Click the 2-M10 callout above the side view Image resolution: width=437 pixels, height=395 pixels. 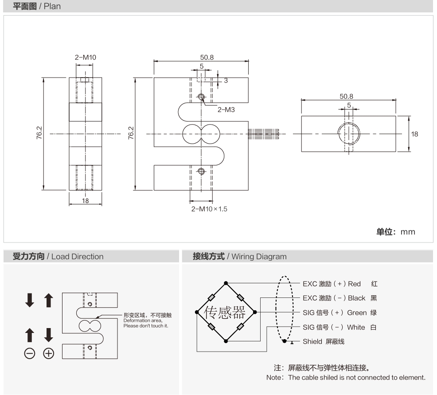(85, 57)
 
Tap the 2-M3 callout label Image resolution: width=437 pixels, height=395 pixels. (226, 109)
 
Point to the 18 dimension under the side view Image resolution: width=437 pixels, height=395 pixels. (85, 200)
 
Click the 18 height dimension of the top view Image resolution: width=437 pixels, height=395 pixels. (414, 133)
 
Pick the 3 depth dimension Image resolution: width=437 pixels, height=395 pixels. (226, 80)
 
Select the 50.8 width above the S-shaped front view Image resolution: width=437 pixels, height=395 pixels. (201, 57)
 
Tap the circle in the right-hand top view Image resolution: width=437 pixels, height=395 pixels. (348, 133)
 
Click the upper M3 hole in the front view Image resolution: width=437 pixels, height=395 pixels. (201, 97)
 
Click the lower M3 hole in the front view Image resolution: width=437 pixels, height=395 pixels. (201, 171)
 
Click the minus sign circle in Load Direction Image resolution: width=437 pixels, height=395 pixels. (29, 354)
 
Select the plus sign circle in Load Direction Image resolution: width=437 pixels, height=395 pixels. (49, 354)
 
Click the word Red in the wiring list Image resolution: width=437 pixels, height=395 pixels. (354, 284)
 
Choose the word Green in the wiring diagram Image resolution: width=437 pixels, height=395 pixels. (356, 313)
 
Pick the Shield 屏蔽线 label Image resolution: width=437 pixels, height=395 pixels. (324, 342)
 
